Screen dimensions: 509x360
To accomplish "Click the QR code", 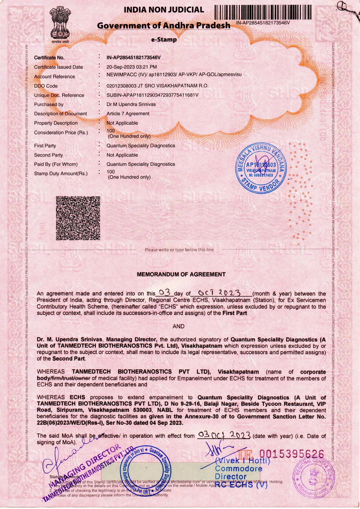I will [x=78, y=218].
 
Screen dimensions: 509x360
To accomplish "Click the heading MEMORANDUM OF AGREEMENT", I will [x=181, y=274].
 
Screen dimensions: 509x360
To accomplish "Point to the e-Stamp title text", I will [x=164, y=40].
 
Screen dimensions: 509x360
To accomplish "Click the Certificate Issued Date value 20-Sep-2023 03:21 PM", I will [x=132, y=67].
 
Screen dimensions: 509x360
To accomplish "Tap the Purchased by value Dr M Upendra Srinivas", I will [x=131, y=104].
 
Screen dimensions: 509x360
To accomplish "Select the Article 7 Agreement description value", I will [x=128, y=114].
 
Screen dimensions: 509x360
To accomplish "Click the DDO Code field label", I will [x=46, y=86].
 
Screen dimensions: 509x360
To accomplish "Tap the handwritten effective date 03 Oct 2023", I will [x=224, y=435].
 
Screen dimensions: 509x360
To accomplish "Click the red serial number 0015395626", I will [x=291, y=454].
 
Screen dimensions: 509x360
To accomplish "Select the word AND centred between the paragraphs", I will [x=178, y=326].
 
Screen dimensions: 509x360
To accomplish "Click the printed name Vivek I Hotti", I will [x=243, y=461].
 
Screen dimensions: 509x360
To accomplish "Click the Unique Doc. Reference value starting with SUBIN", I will [x=152, y=95].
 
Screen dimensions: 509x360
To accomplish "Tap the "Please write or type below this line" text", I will [x=179, y=250].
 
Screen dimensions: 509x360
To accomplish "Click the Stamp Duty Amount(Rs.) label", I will [x=61, y=174].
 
